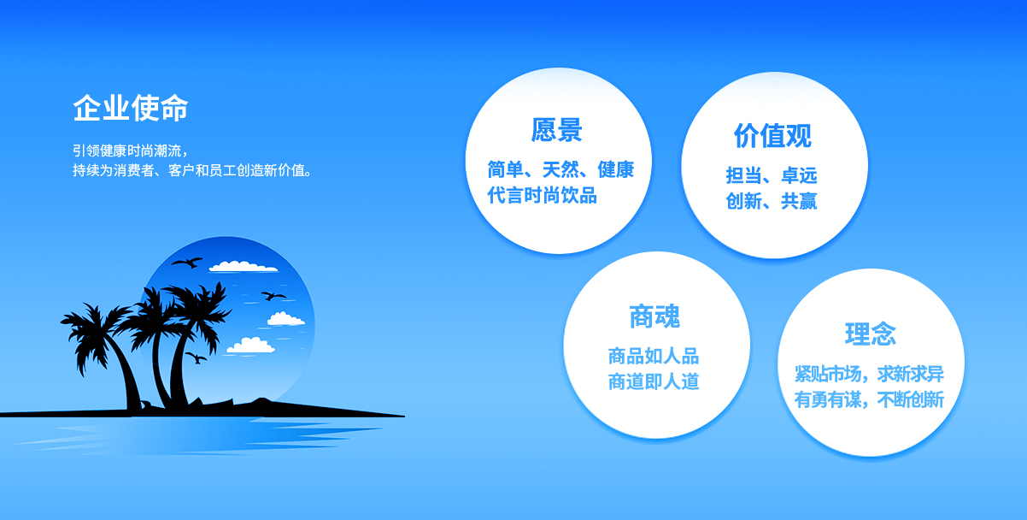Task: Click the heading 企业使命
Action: point(131,108)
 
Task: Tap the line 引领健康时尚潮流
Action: point(130,151)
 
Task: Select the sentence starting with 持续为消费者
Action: point(192,171)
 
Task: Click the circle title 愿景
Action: point(556,130)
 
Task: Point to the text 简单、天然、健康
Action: point(560,169)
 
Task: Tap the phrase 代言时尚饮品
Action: point(542,195)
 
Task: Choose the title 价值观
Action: point(772,136)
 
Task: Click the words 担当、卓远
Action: point(772,175)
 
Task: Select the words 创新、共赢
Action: point(772,201)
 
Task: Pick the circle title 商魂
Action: point(654,316)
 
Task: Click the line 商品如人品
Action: point(654,356)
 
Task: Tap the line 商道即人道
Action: point(654,381)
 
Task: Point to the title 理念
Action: point(870,334)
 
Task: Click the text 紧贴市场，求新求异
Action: point(869,374)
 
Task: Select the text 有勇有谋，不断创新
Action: point(869,399)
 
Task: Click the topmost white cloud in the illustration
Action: point(243,266)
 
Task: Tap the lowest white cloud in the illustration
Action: point(251,346)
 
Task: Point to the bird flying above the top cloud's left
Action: point(187,262)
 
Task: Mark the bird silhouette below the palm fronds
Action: point(197,357)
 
